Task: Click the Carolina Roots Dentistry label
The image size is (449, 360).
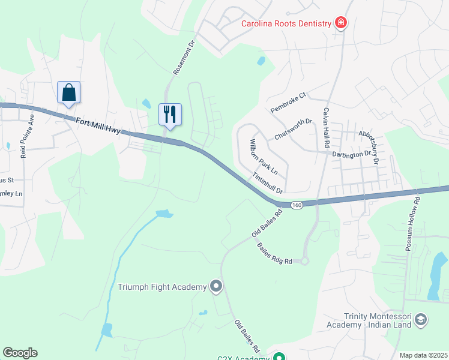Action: [x=286, y=23]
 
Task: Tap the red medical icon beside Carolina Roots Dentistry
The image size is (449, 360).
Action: [x=341, y=23]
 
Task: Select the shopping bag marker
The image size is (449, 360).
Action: [x=69, y=93]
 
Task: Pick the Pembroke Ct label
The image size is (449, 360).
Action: [x=288, y=103]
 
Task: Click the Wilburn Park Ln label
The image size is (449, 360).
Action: [x=260, y=156]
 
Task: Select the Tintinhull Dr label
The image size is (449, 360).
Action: [x=268, y=182]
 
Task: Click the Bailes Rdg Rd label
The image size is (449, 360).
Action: [x=274, y=253]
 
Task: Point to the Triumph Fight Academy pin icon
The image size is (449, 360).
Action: [x=215, y=287]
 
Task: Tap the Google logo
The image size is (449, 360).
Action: [x=20, y=353]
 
